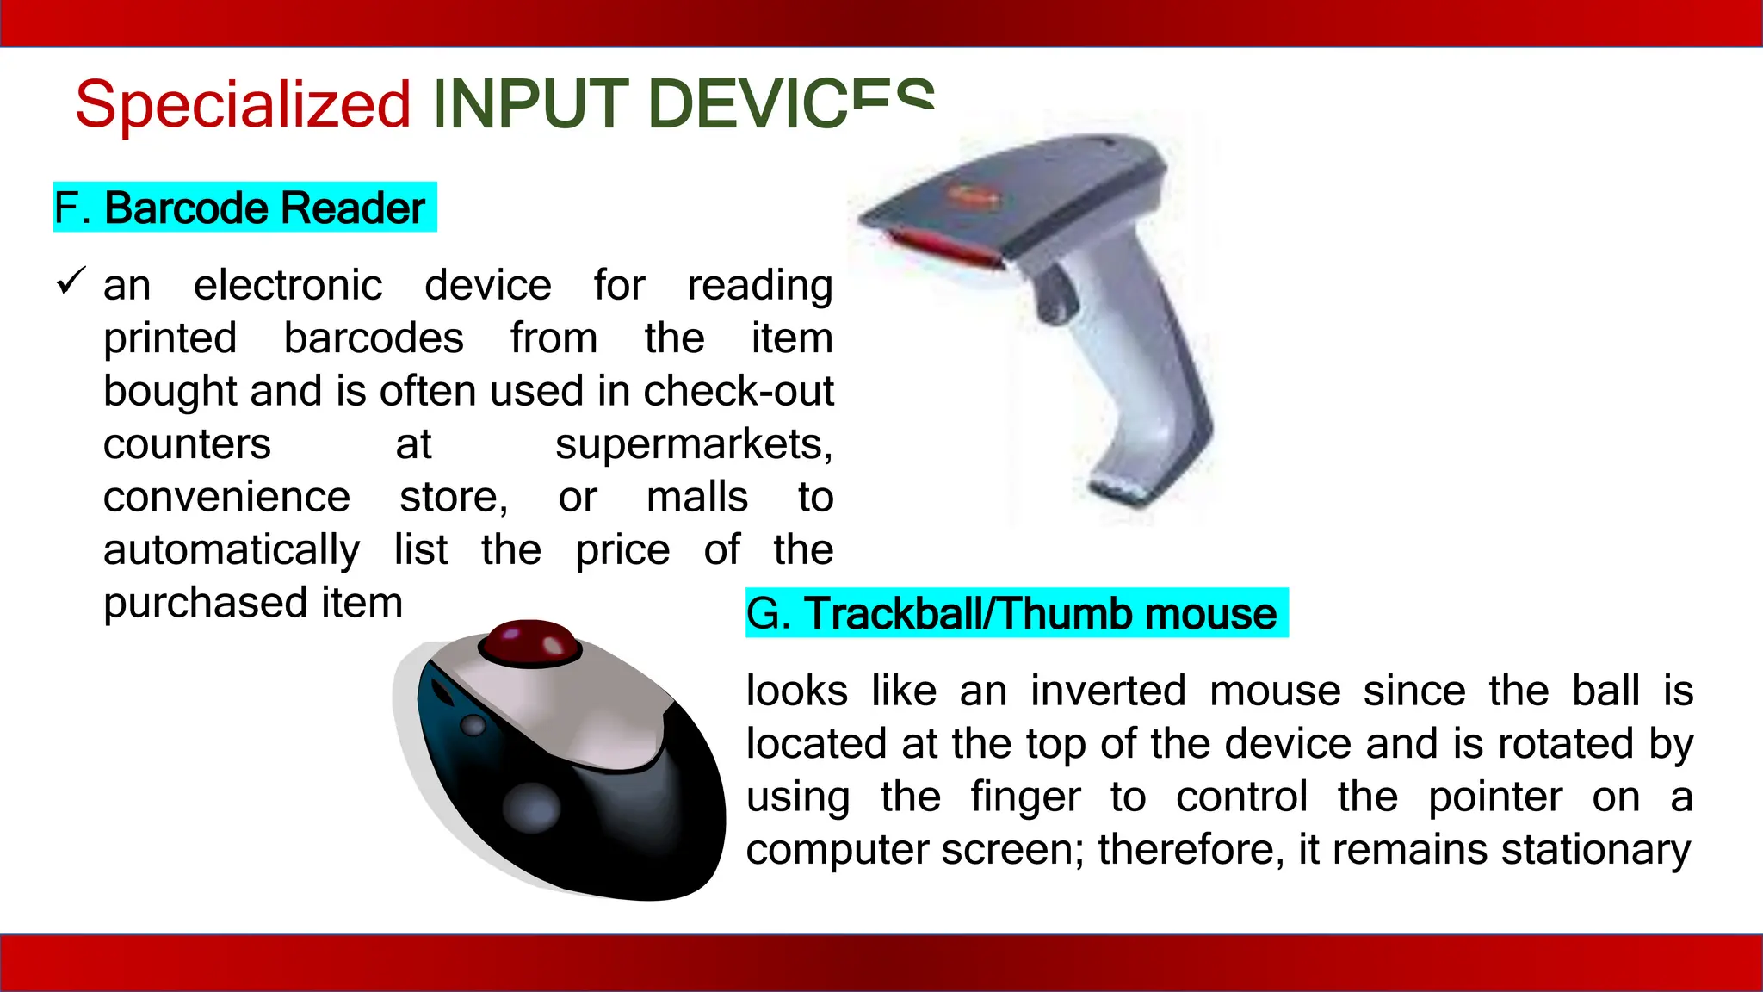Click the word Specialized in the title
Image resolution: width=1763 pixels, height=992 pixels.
point(243,105)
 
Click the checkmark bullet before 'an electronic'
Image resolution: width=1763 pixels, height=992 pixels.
point(71,282)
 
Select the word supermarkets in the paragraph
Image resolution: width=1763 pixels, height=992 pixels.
point(694,445)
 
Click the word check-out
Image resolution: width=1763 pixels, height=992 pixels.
point(739,392)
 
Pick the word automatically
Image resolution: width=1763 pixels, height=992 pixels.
point(232,551)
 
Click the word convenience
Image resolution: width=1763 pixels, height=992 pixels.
point(226,498)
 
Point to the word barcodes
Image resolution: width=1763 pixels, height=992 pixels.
point(374,338)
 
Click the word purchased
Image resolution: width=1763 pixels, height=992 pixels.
point(205,604)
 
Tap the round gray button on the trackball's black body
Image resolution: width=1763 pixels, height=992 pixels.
point(531,807)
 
